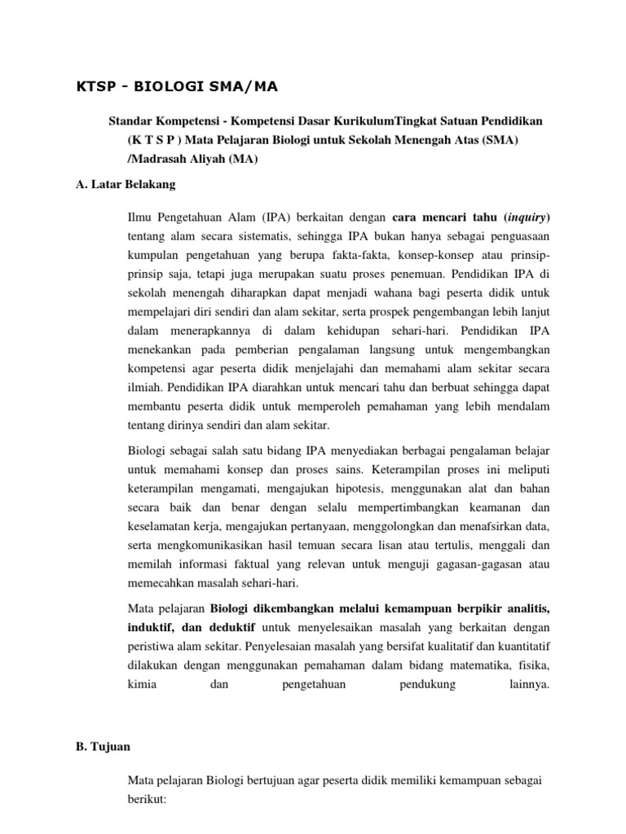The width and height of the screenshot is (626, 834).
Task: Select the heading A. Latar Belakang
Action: coord(125,184)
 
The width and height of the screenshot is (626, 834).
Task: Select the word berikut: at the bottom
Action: coord(148,800)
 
